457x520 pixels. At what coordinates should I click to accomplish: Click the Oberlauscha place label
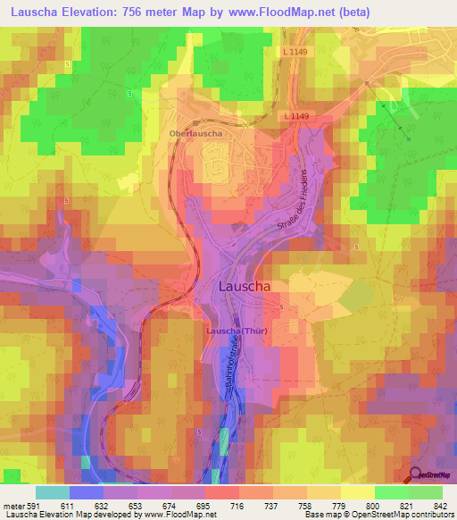click(195, 134)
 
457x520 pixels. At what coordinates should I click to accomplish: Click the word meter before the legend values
click(14, 505)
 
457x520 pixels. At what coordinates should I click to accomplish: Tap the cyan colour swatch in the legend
click(52, 492)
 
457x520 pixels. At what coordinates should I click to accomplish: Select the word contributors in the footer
click(431, 516)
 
